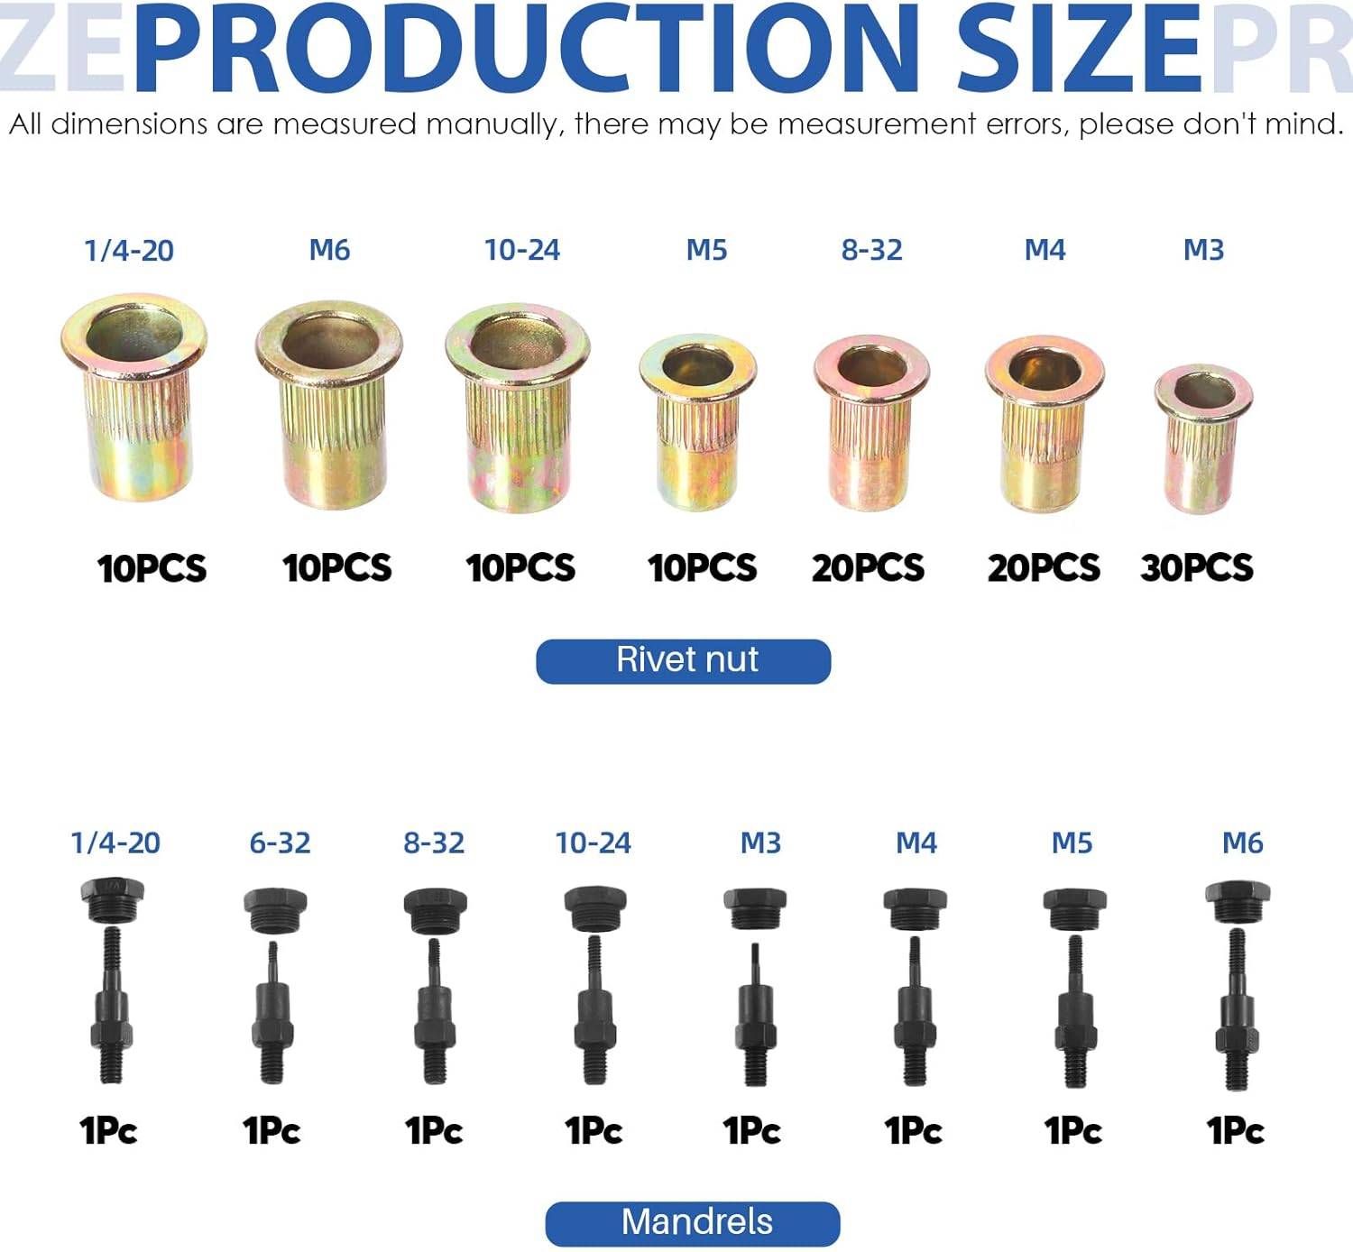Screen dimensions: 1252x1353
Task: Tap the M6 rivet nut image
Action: (x=329, y=406)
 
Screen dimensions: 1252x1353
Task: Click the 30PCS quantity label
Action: (x=1196, y=568)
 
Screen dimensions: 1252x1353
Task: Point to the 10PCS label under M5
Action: (x=702, y=568)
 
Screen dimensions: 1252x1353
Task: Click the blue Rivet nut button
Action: (x=684, y=661)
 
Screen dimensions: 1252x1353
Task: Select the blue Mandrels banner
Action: (x=693, y=1223)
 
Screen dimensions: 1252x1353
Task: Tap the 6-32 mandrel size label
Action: (x=280, y=843)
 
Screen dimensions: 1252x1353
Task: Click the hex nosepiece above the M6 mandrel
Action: (x=1238, y=901)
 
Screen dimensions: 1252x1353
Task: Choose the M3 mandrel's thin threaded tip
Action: (x=755, y=962)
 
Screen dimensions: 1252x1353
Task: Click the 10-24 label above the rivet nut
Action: (x=521, y=250)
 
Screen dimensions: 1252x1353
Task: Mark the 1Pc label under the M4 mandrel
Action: (x=913, y=1131)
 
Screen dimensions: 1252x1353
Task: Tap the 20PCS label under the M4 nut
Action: (x=1044, y=568)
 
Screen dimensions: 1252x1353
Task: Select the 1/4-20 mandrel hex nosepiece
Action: (x=112, y=898)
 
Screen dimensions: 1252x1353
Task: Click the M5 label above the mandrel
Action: (x=1072, y=843)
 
